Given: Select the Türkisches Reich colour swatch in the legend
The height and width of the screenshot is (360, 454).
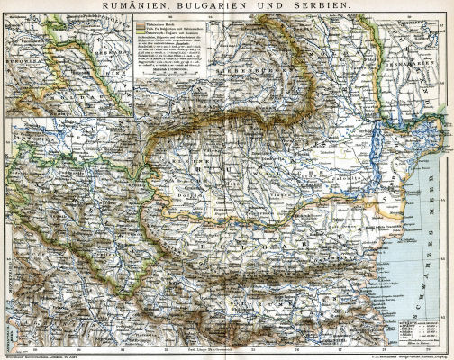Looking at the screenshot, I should tap(141, 22).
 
